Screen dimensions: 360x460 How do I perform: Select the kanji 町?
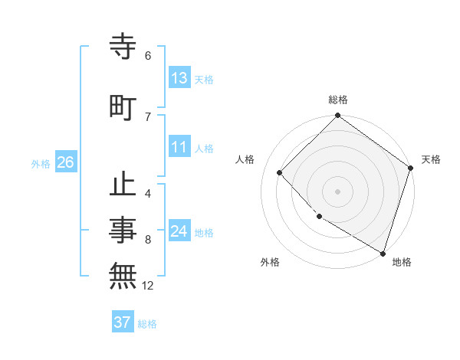(123, 108)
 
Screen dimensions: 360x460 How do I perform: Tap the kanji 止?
(123, 187)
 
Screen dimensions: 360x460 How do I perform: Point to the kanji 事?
(123, 229)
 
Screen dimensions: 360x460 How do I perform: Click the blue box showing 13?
(179, 78)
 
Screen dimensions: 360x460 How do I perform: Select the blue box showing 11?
(179, 147)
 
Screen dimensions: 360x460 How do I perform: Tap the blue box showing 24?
(179, 231)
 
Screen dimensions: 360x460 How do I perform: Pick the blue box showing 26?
(65, 162)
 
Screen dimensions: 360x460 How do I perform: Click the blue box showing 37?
(123, 322)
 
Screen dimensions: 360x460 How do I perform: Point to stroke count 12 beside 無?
(148, 286)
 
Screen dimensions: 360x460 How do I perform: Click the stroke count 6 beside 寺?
(148, 56)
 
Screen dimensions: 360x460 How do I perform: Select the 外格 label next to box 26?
(41, 163)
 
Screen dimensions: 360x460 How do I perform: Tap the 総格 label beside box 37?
(147, 324)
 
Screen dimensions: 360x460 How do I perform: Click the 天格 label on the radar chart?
(431, 159)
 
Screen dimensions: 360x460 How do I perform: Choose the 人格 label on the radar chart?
(245, 159)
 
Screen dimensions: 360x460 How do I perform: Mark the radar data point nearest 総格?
(337, 116)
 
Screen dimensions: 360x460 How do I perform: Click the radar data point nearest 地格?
(383, 252)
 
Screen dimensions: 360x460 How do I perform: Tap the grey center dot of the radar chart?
(337, 191)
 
